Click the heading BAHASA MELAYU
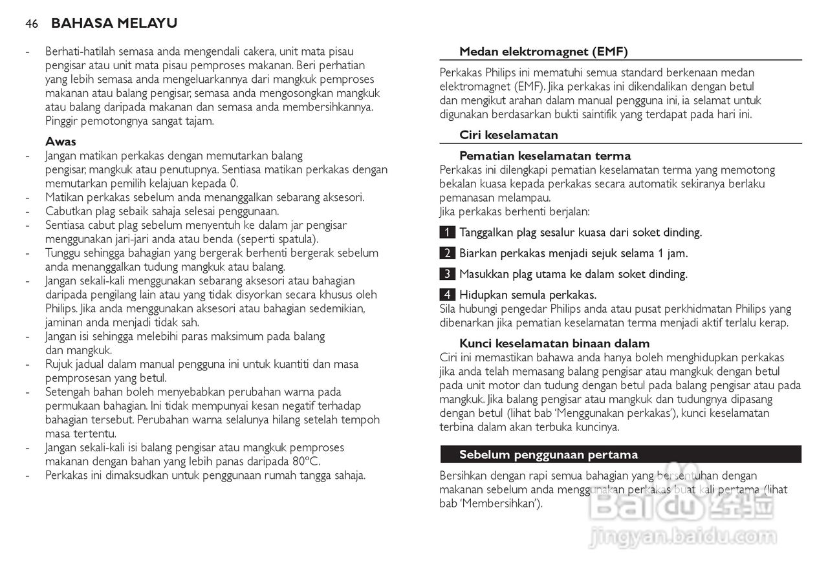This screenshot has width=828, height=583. [114, 24]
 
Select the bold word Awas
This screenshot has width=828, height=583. [61, 142]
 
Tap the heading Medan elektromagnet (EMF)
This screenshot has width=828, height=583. [543, 52]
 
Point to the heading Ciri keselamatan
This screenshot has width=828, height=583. [508, 135]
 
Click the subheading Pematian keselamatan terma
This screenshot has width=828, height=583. [545, 156]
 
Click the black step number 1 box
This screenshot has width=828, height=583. [447, 233]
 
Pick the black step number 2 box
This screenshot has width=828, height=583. [447, 253]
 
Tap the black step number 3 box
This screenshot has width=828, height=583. [447, 274]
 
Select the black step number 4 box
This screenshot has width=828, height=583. [447, 295]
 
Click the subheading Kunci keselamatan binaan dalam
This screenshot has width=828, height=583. [554, 343]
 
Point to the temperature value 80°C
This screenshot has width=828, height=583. [305, 461]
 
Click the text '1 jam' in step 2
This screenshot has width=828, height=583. [673, 253]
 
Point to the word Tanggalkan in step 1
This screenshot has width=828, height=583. [488, 233]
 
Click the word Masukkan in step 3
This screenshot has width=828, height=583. [485, 274]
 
